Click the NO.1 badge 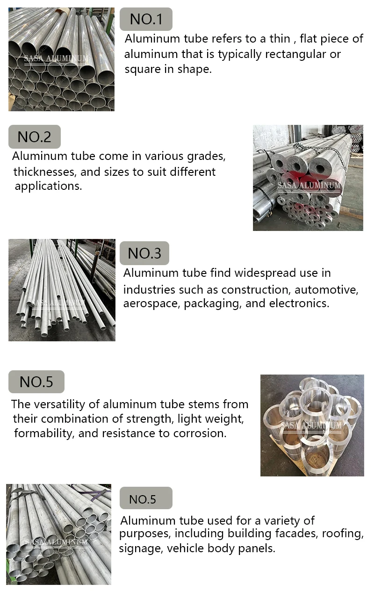click(x=146, y=19)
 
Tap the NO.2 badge click(x=35, y=137)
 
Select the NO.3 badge click(x=144, y=253)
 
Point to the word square click(x=140, y=70)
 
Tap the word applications click(x=48, y=186)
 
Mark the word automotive click(x=326, y=289)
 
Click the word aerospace click(x=151, y=303)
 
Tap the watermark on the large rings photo click(x=311, y=426)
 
